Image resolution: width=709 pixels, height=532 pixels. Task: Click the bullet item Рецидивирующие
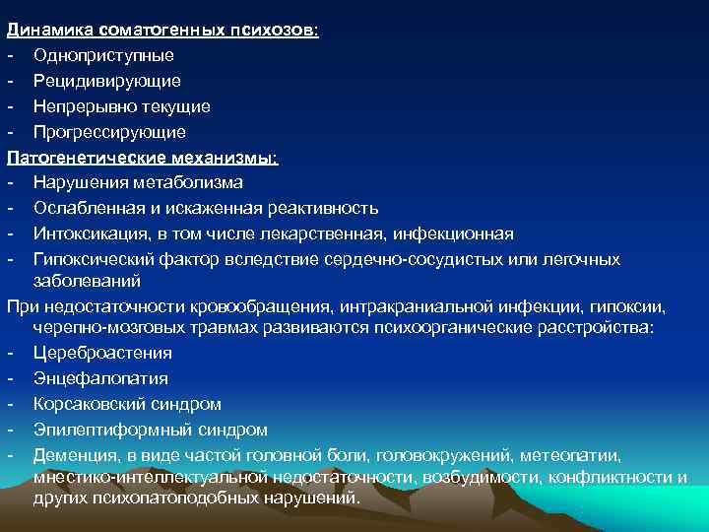pyautogui.click(x=105, y=81)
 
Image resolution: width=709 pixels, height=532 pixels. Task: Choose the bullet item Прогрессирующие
pyautogui.click(x=108, y=131)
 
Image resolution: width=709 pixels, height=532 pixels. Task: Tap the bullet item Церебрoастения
pyautogui.click(x=102, y=353)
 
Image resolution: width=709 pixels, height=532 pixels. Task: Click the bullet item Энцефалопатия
pyautogui.click(x=99, y=378)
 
